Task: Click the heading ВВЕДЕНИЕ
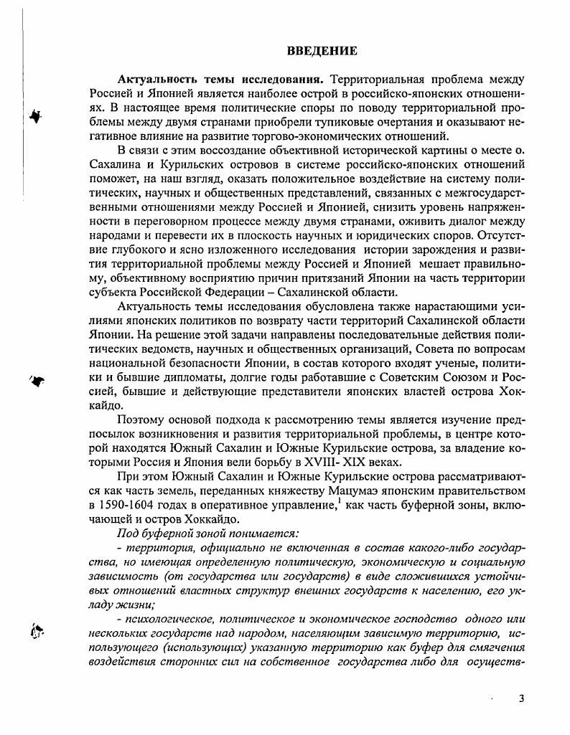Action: (x=322, y=51)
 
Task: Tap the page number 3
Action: (x=521, y=698)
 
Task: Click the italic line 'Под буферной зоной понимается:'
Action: (x=204, y=535)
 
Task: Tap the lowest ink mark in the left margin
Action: (x=37, y=631)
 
